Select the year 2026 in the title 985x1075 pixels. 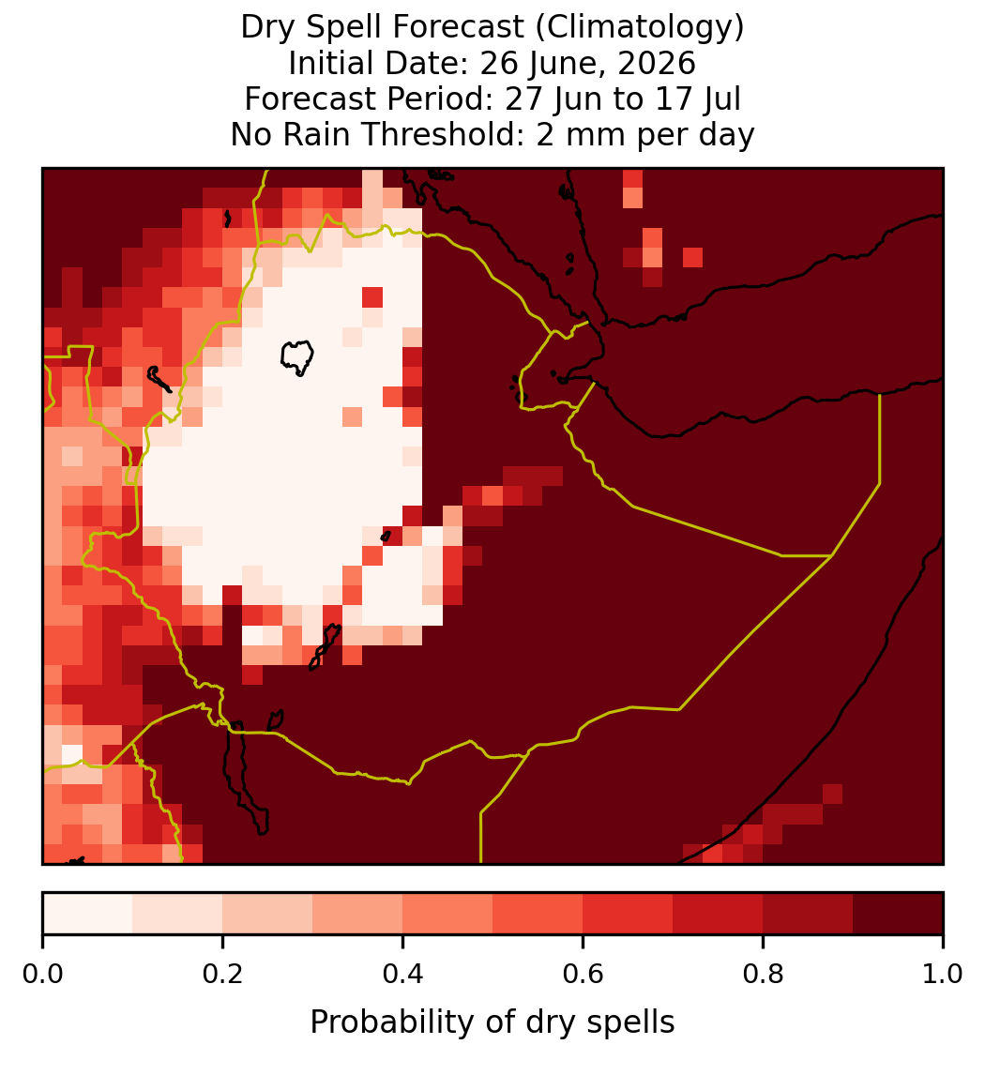point(657,63)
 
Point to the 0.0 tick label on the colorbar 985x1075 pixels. point(42,975)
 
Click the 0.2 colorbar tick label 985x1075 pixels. point(222,975)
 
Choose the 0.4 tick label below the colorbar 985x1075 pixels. point(403,975)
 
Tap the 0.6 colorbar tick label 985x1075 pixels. point(583,975)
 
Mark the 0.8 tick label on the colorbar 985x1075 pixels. point(763,975)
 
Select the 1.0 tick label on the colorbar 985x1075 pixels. point(943,975)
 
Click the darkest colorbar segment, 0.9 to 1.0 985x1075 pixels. point(898,914)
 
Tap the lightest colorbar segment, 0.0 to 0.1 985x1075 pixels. point(88,914)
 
